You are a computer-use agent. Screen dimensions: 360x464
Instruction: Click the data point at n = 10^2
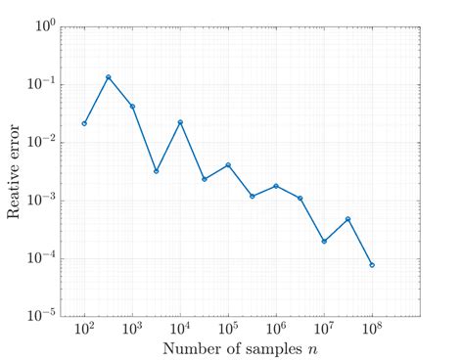tap(84, 123)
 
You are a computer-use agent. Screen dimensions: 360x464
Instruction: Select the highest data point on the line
tap(108, 77)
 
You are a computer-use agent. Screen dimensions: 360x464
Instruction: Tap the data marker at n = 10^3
tap(132, 107)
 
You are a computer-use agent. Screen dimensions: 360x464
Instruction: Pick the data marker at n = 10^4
tap(180, 122)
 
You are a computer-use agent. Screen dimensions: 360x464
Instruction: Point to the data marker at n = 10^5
tap(228, 165)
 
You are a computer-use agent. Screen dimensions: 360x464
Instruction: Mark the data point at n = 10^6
tap(276, 186)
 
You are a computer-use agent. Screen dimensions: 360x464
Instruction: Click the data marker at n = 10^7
tap(324, 241)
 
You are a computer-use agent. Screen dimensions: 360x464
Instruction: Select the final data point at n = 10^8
tap(372, 265)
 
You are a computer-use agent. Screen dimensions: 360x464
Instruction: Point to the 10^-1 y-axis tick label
tap(40, 84)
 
